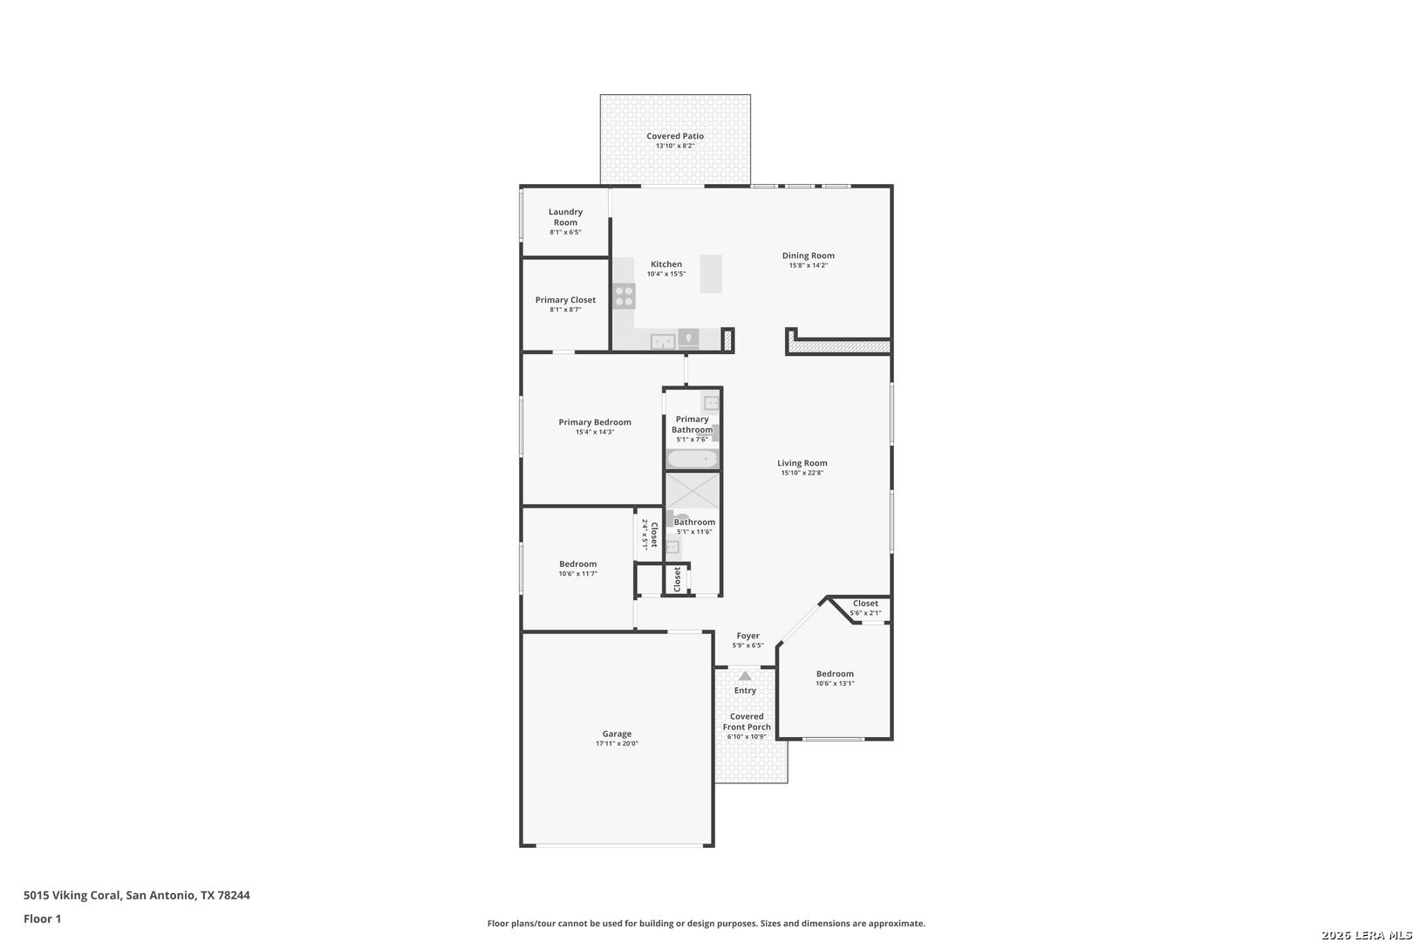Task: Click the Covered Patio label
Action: [675, 136]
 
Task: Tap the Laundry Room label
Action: [565, 217]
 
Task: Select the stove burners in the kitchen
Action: [625, 297]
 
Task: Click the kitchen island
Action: [711, 274]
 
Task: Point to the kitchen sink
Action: [663, 341]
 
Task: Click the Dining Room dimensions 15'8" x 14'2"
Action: [808, 266]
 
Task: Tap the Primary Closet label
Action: [565, 300]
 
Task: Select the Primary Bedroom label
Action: [595, 423]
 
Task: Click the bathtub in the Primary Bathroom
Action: [693, 459]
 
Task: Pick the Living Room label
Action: [802, 463]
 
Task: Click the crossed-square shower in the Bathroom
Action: [693, 491]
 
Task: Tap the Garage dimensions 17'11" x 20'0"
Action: [617, 744]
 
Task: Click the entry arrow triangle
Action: [745, 676]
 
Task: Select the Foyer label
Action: [748, 636]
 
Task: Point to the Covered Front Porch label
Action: [747, 722]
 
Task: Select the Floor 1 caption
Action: [42, 919]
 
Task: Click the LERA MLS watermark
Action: [1366, 935]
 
